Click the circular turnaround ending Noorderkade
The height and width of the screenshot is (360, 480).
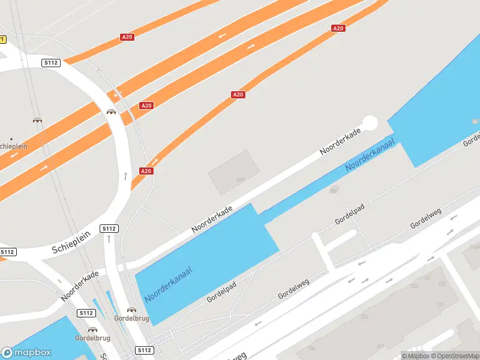pos(370,123)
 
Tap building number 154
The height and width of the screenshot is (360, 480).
pos(363,316)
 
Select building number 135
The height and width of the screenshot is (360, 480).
pos(440,305)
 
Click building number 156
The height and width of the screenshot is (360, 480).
pos(311,348)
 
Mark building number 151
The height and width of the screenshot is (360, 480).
pos(428,278)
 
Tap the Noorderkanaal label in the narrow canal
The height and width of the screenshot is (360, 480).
pos(370,155)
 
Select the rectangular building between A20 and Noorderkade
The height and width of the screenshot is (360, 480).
pos(234,172)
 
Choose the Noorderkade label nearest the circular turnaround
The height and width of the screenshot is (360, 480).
pos(340,142)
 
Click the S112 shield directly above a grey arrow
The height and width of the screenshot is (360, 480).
pos(109,229)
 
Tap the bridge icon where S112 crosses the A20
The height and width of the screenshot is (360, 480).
pos(112,112)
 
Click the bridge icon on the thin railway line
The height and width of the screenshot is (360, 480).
pos(37,120)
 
